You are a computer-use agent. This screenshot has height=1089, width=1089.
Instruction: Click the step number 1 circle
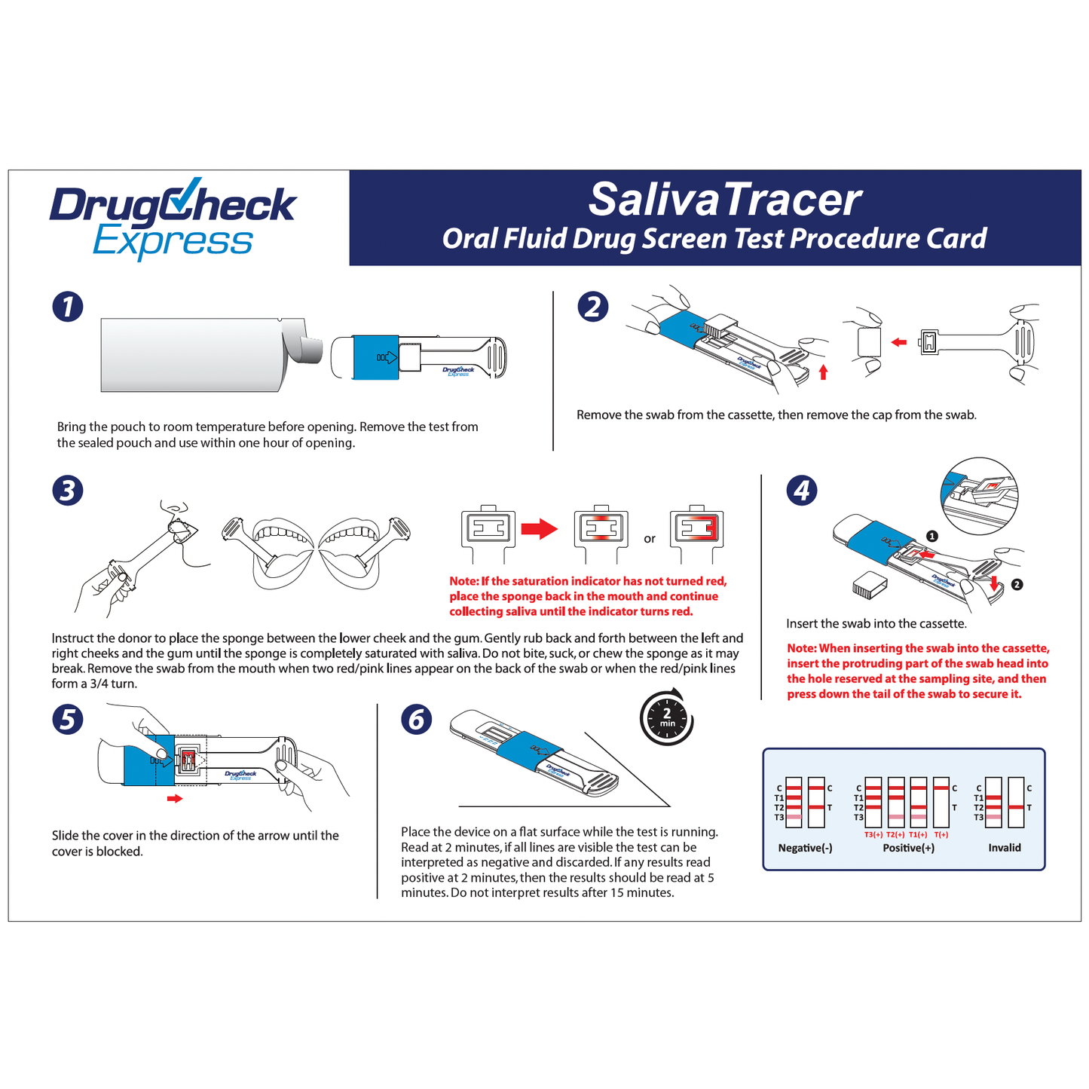click(x=68, y=307)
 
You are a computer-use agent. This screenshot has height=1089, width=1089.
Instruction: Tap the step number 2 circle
click(x=593, y=307)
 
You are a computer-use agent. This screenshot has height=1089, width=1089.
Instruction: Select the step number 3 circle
click(x=68, y=491)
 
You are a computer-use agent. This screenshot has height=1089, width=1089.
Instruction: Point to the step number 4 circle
click(x=802, y=491)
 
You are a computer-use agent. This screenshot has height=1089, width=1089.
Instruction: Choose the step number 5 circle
click(x=68, y=719)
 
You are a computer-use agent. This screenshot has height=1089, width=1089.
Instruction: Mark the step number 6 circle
click(x=417, y=719)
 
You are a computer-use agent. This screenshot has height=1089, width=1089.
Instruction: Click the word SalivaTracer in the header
click(x=724, y=200)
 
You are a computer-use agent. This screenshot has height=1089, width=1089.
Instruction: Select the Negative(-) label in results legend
click(x=805, y=848)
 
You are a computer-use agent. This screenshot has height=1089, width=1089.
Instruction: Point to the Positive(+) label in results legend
click(x=908, y=848)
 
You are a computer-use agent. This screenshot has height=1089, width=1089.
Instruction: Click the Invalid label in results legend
click(x=1005, y=848)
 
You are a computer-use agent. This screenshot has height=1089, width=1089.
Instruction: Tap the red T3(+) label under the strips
click(x=873, y=834)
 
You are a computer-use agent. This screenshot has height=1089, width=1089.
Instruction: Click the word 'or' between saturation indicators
click(x=650, y=539)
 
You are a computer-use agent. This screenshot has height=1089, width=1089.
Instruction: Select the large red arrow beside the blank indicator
click(x=540, y=529)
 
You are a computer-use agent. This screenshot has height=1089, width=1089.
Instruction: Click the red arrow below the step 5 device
click(x=175, y=798)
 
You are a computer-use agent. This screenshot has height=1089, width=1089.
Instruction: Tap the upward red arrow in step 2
click(x=823, y=372)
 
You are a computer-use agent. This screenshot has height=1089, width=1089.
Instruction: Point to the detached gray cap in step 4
click(x=869, y=584)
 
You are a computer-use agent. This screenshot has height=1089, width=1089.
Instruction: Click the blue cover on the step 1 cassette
click(x=375, y=356)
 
